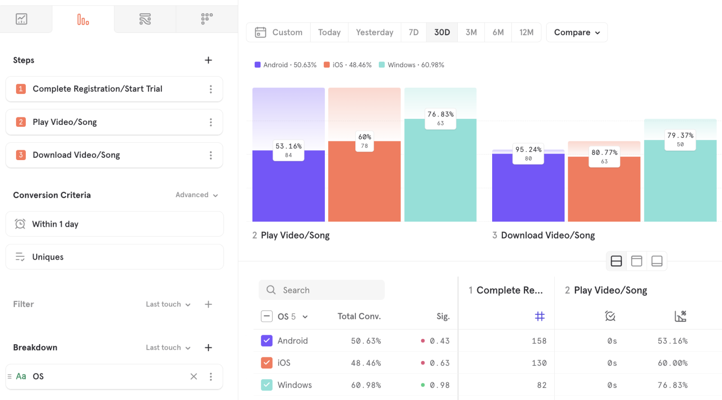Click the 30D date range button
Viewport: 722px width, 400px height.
[x=442, y=32]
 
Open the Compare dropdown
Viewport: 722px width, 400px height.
[x=577, y=32]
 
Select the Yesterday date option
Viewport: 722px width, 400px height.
[x=374, y=32]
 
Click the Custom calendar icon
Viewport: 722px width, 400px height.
[x=260, y=32]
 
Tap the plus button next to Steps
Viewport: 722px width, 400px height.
[x=208, y=60]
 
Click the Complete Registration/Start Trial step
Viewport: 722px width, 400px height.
[x=97, y=89]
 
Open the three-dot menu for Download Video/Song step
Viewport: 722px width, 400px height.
[x=211, y=155]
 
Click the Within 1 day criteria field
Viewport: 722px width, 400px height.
[x=114, y=224]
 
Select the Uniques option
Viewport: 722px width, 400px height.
[x=114, y=257]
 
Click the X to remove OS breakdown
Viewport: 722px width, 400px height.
[x=194, y=377]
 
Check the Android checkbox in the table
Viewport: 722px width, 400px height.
[x=267, y=341]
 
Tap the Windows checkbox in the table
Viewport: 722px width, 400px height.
[x=267, y=385]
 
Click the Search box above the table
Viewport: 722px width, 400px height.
[x=322, y=290]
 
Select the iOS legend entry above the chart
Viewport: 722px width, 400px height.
[x=347, y=65]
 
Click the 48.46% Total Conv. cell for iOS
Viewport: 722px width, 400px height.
[x=366, y=363]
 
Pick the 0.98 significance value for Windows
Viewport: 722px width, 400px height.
[x=439, y=385]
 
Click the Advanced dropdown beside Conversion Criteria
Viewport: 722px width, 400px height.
[x=196, y=195]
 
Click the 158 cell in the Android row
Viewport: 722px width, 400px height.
[x=539, y=341]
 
